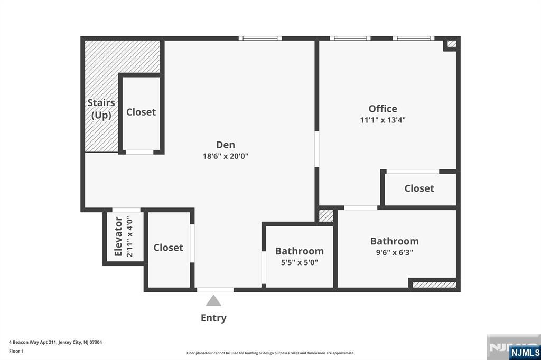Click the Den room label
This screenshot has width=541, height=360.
click(x=226, y=145)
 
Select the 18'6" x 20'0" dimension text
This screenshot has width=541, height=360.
click(x=226, y=156)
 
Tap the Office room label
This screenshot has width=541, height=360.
click(x=383, y=109)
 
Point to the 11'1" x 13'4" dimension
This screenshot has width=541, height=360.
click(x=383, y=120)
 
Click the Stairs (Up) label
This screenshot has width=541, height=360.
click(x=101, y=109)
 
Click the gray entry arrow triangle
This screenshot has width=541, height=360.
click(x=213, y=301)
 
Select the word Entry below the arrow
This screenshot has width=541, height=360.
click(x=213, y=318)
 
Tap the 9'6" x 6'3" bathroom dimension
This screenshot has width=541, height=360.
click(x=394, y=253)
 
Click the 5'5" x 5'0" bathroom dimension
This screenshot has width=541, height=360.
click(x=299, y=262)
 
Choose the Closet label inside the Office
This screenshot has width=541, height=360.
click(x=419, y=188)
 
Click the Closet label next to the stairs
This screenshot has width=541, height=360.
click(x=141, y=112)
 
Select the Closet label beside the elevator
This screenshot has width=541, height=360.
click(x=168, y=248)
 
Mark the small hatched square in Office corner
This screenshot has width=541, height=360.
click(x=451, y=44)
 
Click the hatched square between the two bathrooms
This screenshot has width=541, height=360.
click(x=326, y=216)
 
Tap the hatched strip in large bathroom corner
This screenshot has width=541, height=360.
click(x=434, y=285)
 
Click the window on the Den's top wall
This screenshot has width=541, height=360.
click(x=260, y=38)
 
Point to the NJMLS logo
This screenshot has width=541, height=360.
click(x=525, y=352)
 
